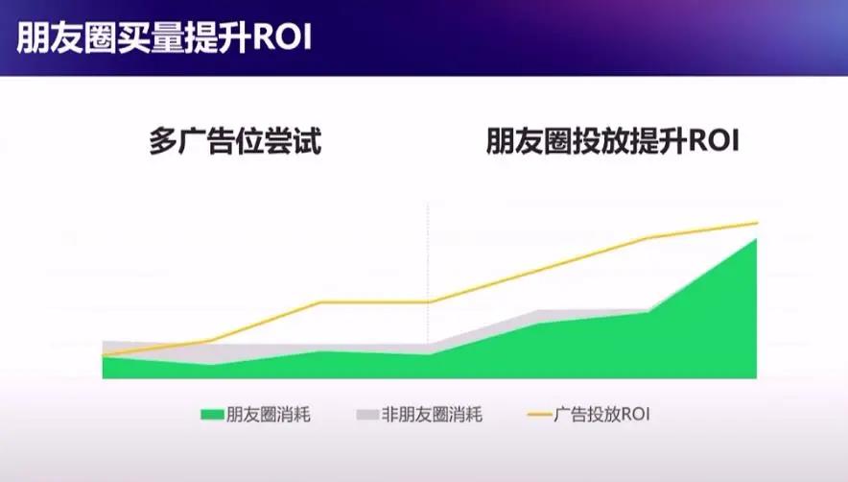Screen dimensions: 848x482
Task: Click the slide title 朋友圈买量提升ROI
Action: [x=164, y=37]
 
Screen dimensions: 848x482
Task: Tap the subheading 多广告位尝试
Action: [x=235, y=141]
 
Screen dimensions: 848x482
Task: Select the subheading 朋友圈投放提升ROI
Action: [x=612, y=141]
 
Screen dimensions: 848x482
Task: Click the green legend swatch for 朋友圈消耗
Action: [x=212, y=415]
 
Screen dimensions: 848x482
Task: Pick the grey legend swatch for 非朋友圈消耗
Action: [x=367, y=415]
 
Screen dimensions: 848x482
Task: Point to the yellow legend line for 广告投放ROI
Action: [x=539, y=415]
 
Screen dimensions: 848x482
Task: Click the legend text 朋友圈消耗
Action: [x=269, y=415]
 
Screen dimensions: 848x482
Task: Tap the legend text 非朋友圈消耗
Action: [x=432, y=415]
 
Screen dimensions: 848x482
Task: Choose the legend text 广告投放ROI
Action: [x=601, y=415]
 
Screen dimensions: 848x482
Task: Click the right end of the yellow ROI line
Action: [x=757, y=223]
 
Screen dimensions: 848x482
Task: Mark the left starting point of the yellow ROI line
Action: [x=103, y=355]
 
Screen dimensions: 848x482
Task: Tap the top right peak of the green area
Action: [x=756, y=239]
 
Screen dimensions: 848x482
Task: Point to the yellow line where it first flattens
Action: [x=320, y=302]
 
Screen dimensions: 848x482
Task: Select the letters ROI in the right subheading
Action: [x=714, y=141]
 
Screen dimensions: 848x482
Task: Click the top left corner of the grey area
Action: [x=103, y=341]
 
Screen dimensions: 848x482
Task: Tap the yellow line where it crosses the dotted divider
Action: [x=429, y=302]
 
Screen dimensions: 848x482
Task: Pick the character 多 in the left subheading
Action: [x=163, y=141]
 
